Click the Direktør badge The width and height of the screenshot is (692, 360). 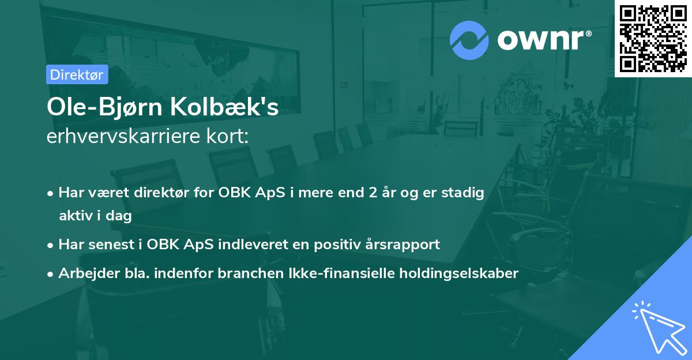[x=77, y=74]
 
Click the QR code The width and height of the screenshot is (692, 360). [x=653, y=38]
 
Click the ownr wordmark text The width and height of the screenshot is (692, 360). [x=544, y=39]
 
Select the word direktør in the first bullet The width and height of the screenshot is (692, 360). [x=158, y=193]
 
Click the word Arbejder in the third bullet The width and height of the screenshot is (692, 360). [x=84, y=273]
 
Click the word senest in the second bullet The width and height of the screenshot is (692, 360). [x=112, y=244]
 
